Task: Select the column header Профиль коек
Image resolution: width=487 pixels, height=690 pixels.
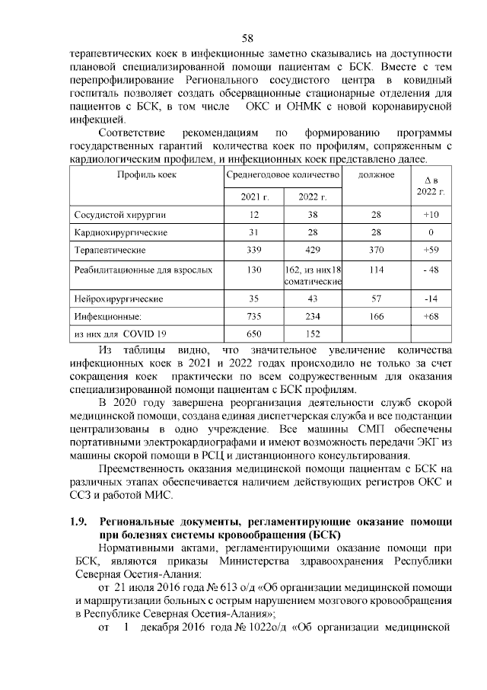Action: [x=147, y=174]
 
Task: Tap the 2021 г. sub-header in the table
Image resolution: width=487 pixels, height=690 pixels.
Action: [x=250, y=197]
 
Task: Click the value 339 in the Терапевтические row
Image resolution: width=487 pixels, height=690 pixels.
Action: [x=254, y=249]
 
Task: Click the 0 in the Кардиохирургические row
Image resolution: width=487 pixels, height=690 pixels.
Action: [x=431, y=232]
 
